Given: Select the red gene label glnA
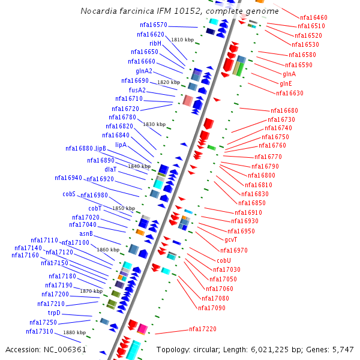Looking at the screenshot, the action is click(289, 74).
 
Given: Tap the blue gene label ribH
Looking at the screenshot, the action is click(155, 43).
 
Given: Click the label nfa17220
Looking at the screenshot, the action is click(203, 329).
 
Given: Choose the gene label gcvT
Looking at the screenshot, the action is click(231, 239).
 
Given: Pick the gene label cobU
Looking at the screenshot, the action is click(224, 260).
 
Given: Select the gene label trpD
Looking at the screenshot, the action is click(54, 313).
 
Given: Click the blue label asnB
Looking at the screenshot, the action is click(86, 233).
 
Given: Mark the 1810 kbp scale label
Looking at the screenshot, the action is click(182, 40).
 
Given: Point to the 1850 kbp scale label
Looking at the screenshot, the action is click(124, 208).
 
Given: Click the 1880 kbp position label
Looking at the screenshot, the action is click(74, 332).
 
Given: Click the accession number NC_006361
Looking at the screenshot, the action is click(64, 349).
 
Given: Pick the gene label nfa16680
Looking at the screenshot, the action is click(284, 110).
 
